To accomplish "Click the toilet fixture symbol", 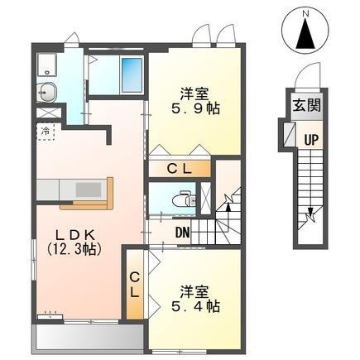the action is tap(184, 199).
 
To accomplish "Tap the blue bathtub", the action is tap(132, 75).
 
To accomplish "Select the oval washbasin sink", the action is tap(46, 93).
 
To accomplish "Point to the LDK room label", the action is tap(75, 235).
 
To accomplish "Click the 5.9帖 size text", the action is tap(195, 108).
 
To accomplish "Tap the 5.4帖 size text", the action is tap(195, 306).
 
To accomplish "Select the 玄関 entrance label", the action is tap(307, 105).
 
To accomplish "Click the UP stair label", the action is tap(311, 140).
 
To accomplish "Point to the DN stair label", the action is tap(183, 233).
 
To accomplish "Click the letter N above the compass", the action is tap(305, 13).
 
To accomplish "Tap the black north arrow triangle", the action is tap(305, 34).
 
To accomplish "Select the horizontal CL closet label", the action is tap(180, 169).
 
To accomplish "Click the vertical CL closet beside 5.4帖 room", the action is tap(135, 286).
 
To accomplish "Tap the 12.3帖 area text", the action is tap(74, 249).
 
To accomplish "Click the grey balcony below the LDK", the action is tap(88, 338).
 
